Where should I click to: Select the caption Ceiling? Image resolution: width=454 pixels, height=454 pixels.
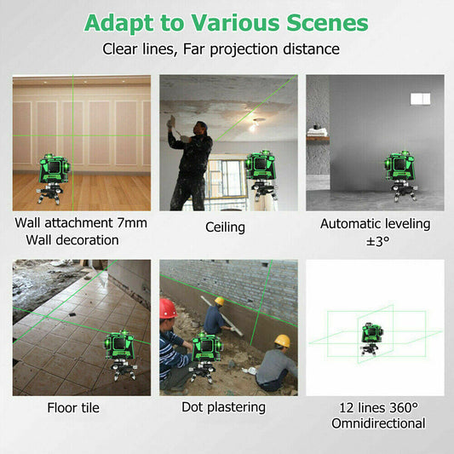tap(225, 227)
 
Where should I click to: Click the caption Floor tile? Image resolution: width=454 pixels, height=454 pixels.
tap(72, 408)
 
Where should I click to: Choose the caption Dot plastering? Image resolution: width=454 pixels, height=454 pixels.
tap(224, 407)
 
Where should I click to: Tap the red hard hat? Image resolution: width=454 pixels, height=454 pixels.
tap(169, 308)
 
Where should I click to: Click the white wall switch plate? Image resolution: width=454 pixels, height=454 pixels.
tap(420, 99)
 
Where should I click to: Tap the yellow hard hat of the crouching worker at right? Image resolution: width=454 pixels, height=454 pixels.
tap(282, 341)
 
